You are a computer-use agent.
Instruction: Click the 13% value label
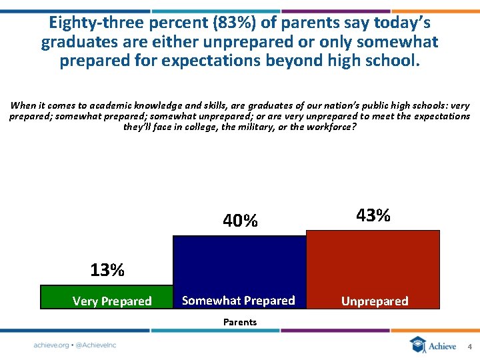(107, 270)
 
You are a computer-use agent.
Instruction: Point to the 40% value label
(240, 221)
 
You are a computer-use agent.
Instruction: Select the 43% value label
(373, 215)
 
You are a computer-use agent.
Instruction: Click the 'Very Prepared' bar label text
(112, 301)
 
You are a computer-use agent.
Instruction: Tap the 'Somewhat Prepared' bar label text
(238, 301)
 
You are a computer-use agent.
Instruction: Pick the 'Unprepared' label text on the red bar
(375, 301)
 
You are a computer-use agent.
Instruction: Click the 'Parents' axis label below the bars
(240, 322)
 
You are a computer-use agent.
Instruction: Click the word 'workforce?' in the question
(331, 127)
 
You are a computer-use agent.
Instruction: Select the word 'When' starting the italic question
(23, 105)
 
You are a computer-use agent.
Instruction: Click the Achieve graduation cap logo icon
(417, 345)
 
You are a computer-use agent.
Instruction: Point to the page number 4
(469, 347)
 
